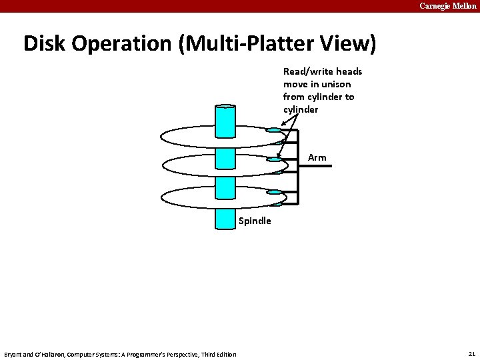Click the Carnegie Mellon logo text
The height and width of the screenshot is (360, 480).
coord(448,6)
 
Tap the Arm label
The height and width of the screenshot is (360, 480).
coord(317,158)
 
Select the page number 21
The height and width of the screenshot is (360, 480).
coord(472,353)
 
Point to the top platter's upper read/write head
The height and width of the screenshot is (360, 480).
coord(273,130)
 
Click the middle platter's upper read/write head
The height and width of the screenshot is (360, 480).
coord(274,160)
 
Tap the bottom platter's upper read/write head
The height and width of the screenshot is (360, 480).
coord(273,192)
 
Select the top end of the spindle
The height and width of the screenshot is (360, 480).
coord(225,107)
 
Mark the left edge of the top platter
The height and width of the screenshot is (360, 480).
coord(161,136)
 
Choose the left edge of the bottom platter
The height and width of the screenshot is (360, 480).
coord(163,197)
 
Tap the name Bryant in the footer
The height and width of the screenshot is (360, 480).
coord(14,354)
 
